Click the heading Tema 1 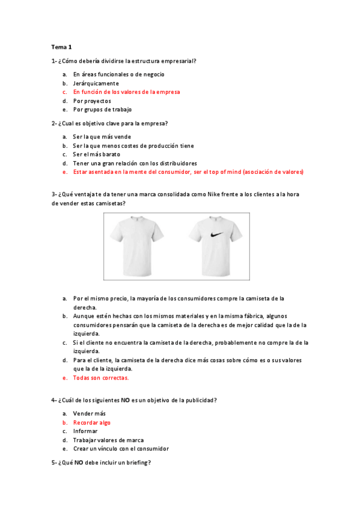[61, 46]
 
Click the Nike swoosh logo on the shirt [214, 236]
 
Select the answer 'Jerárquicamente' [96, 83]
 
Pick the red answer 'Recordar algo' [91, 422]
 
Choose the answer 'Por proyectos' [92, 101]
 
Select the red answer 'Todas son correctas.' [100, 378]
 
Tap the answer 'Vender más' [89, 414]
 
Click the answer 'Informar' [85, 431]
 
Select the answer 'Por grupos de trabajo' [102, 110]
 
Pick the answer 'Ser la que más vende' [102, 137]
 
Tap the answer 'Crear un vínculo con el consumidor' [121, 449]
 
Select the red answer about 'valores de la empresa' [126, 92]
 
